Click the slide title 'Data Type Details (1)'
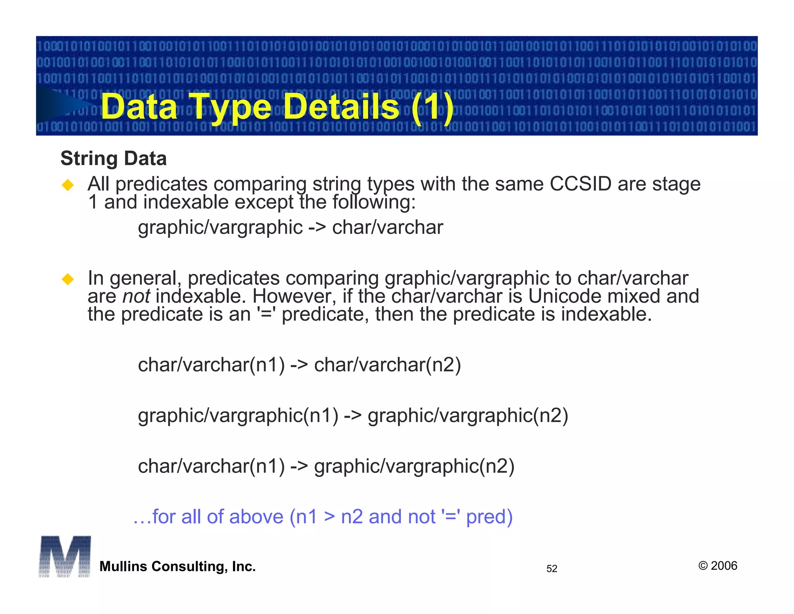point(277,106)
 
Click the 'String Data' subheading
point(114,158)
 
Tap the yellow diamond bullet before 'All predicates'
point(68,185)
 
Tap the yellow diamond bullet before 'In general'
point(68,279)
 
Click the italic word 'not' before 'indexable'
point(136,297)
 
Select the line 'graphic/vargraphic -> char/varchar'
point(290,227)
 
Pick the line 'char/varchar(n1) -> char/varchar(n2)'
point(299,365)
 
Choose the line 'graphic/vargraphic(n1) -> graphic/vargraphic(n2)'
point(353,415)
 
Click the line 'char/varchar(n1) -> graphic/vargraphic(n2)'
point(326,466)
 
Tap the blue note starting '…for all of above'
point(323,517)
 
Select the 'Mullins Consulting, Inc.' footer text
point(178,567)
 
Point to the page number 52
point(552,569)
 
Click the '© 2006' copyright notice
point(718,565)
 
